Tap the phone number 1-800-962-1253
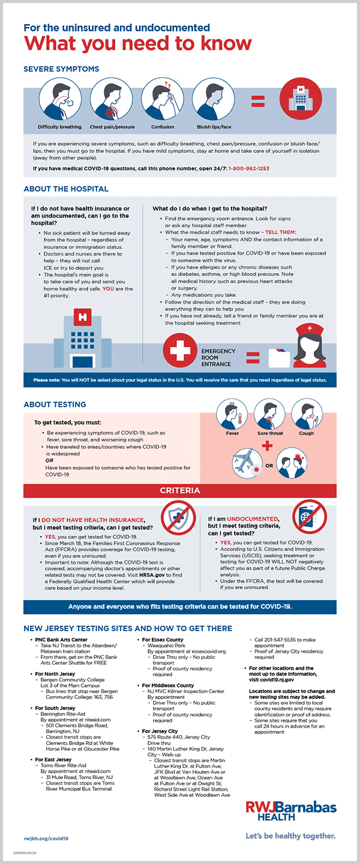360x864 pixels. pyautogui.click(x=248, y=169)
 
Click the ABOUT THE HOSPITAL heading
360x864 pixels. pyautogui.click(x=66, y=189)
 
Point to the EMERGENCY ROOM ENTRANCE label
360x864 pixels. pyautogui.click(x=218, y=358)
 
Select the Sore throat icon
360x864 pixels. pyautogui.click(x=269, y=414)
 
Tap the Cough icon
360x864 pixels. pyautogui.click(x=307, y=414)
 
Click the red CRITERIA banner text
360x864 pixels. pyautogui.click(x=179, y=490)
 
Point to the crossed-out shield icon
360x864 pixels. pyautogui.click(x=179, y=517)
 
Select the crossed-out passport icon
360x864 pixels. pyautogui.click(x=310, y=517)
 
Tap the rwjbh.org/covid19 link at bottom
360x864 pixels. pyautogui.click(x=46, y=837)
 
